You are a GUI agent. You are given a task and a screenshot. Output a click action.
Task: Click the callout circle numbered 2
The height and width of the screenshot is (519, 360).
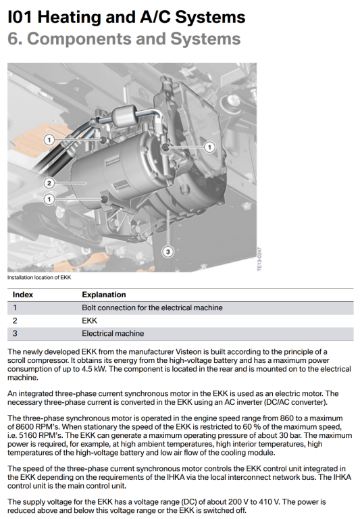coord(49,182)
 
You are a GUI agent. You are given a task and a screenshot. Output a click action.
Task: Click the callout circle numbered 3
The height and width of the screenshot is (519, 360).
coord(168,251)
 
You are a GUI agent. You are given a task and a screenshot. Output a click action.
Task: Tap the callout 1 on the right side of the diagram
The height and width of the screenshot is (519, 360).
coord(209,147)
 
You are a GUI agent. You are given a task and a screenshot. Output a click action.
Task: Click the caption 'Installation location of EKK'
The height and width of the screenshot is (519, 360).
coord(39,277)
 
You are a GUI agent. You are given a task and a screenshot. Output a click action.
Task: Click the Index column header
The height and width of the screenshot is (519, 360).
coord(23,295)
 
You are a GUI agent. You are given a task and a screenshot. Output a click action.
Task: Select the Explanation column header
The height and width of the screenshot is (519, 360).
coord(104,295)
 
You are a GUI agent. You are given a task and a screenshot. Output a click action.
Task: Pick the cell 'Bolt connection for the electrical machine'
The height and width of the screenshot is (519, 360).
coord(152,308)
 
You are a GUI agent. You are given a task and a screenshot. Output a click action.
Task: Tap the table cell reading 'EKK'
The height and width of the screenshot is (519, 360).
coord(89,321)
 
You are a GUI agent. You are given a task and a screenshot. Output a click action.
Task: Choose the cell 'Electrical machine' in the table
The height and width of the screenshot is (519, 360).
coord(113,333)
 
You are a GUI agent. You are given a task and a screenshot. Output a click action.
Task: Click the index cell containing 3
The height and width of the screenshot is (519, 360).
coord(15,333)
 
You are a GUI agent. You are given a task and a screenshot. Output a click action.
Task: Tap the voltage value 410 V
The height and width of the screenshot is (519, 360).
coord(269,502)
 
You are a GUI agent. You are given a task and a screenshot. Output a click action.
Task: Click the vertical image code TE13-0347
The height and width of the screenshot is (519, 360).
coord(260,259)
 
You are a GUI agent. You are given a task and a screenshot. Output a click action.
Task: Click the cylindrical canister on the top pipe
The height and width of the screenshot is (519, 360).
coord(124,114)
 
